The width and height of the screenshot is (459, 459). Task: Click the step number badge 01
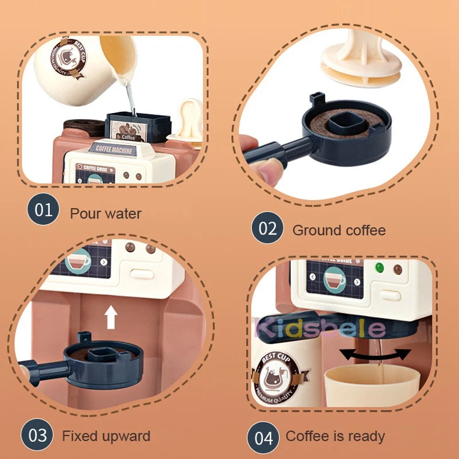point(43,210)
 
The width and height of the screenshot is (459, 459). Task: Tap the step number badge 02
point(267,228)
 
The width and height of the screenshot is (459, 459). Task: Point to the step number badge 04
point(263,437)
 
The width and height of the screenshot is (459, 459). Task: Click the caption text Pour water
point(106,214)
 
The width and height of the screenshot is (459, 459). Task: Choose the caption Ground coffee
point(339,231)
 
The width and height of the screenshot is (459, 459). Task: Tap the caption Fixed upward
point(106,436)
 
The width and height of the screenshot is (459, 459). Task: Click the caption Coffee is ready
point(335,437)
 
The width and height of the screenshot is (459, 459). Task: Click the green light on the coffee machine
point(378,267)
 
